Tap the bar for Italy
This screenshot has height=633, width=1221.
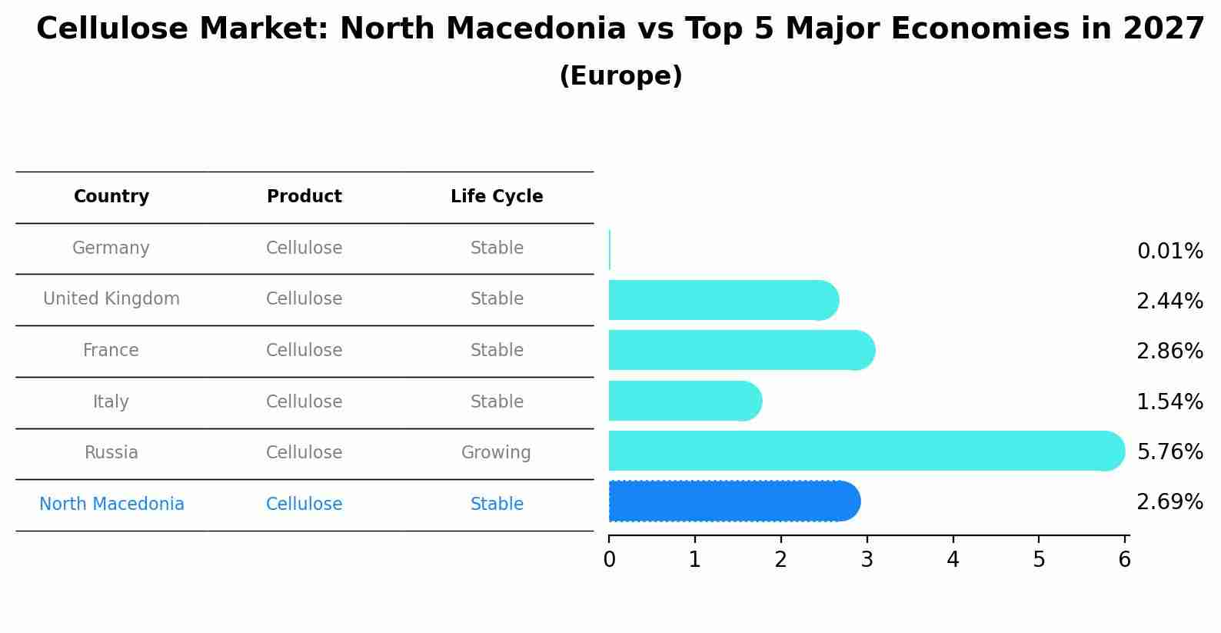tap(684, 401)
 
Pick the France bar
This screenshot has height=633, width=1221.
tap(740, 350)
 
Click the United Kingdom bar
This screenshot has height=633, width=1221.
tap(722, 300)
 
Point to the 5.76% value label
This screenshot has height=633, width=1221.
tap(1169, 451)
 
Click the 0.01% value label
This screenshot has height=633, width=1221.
tap(1169, 252)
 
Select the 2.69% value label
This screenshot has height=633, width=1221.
tap(1169, 502)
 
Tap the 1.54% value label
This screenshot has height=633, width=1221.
tap(1169, 401)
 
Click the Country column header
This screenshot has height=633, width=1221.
tap(111, 197)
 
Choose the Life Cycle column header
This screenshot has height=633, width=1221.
tap(497, 197)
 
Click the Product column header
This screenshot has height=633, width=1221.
tap(304, 197)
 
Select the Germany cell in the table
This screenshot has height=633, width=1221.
tap(111, 248)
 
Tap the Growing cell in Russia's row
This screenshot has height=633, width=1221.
tap(496, 453)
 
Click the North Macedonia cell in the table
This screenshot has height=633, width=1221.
tap(111, 505)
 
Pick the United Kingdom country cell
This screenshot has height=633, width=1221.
tap(111, 299)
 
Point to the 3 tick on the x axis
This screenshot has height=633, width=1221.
tap(867, 560)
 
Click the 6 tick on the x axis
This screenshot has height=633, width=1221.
tap(1124, 560)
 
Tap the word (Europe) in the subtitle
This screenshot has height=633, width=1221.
tap(620, 76)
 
